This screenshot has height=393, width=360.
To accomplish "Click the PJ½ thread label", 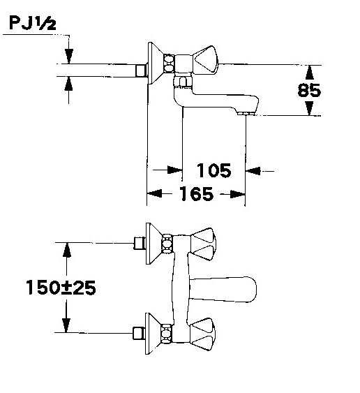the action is (33, 23).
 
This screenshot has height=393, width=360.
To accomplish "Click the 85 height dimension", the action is (309, 90).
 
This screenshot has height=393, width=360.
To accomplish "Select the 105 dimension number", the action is (213, 170).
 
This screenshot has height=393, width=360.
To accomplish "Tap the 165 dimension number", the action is (197, 194).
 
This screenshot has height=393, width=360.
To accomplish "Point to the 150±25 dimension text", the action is (61, 287).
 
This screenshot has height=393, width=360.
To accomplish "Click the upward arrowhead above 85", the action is (310, 73).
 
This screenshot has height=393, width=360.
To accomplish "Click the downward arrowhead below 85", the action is (310, 108).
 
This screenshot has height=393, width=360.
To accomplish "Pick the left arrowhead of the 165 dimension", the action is (155, 193).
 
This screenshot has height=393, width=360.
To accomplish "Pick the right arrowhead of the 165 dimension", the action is (237, 194).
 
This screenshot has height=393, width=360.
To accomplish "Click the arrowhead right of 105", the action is (253, 171).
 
